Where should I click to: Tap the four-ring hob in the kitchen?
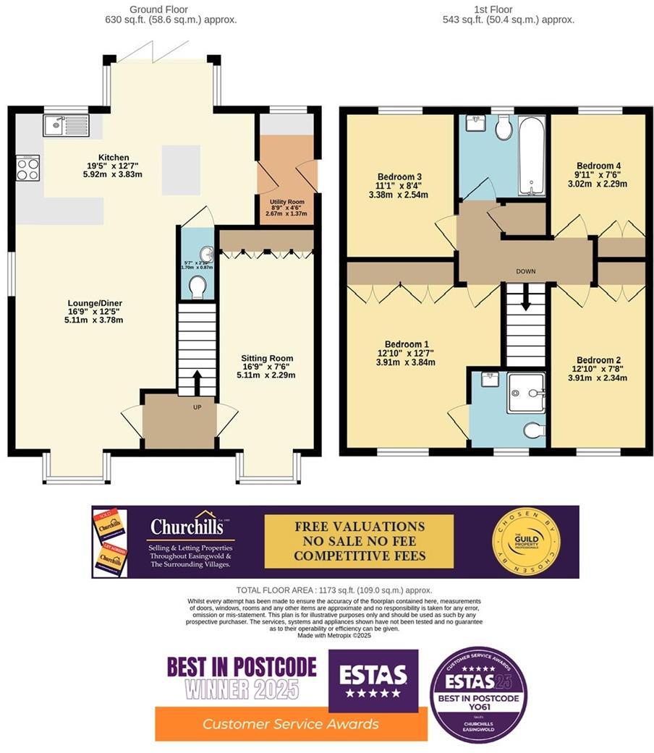click(x=27, y=169)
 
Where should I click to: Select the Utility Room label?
click(x=286, y=202)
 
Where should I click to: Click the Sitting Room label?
click(x=267, y=359)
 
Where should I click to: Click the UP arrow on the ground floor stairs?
click(x=197, y=382)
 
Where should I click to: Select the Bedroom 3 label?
click(x=399, y=176)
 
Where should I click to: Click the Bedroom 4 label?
click(x=598, y=166)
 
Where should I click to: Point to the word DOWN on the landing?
click(x=525, y=272)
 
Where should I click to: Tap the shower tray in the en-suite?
click(x=525, y=393)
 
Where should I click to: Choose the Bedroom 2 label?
click(x=598, y=360)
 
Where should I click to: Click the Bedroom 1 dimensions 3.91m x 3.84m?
click(x=405, y=363)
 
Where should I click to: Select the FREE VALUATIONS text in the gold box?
click(x=359, y=527)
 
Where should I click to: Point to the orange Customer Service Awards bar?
click(x=291, y=723)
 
